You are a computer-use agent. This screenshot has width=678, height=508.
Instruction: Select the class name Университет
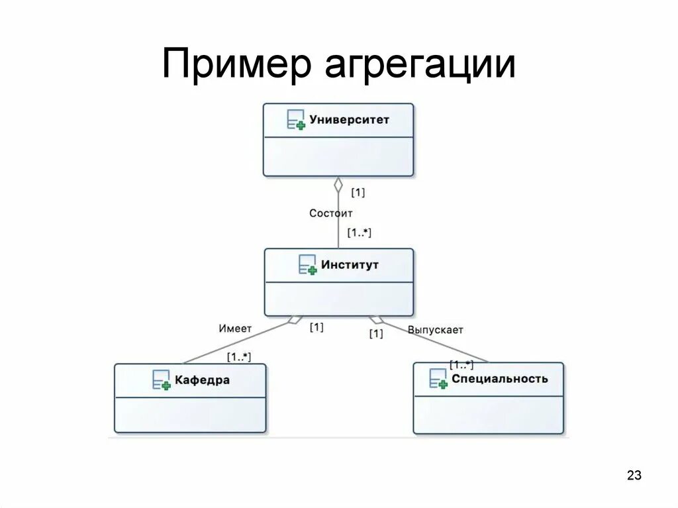click(x=350, y=120)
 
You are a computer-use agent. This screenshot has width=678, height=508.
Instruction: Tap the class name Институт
click(x=350, y=264)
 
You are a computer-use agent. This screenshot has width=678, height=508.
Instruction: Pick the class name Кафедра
click(x=203, y=380)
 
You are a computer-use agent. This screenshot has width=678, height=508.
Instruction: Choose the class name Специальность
click(x=500, y=379)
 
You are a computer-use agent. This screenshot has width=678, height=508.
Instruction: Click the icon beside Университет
click(x=296, y=120)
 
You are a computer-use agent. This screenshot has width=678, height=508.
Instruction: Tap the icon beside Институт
click(x=308, y=265)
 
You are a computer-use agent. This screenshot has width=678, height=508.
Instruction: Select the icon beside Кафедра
click(x=162, y=380)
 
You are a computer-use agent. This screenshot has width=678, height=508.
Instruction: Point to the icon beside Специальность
click(x=438, y=379)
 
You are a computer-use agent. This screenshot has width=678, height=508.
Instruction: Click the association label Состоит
click(x=331, y=213)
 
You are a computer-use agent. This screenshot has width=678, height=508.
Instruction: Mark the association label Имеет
click(x=235, y=328)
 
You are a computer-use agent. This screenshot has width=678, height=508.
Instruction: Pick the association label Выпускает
click(x=435, y=329)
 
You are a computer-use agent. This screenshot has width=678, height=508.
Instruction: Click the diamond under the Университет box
click(x=338, y=185)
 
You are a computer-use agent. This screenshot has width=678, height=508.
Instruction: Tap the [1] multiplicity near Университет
click(x=358, y=193)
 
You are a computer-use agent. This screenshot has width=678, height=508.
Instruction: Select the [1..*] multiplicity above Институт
click(x=360, y=233)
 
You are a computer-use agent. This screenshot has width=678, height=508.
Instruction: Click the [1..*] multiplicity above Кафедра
click(x=239, y=357)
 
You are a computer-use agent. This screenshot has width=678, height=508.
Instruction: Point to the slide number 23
click(x=634, y=476)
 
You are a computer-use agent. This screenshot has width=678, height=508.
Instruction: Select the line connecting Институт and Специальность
click(x=437, y=342)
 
